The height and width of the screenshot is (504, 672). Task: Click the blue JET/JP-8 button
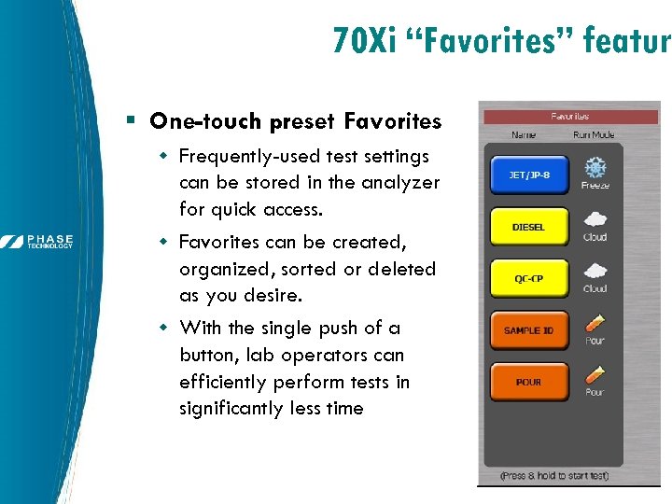[x=528, y=175]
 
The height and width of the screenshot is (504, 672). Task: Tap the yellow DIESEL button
[x=528, y=227]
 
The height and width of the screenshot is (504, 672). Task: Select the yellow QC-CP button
[x=528, y=278]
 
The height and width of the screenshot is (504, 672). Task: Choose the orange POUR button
[x=528, y=382]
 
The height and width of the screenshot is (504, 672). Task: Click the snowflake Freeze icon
[x=595, y=167]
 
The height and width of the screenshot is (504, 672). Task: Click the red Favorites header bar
[x=569, y=117]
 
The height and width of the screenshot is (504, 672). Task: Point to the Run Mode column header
[x=595, y=135]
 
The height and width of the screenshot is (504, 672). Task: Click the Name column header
[x=525, y=135]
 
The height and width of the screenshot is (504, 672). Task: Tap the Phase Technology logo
[x=37, y=242]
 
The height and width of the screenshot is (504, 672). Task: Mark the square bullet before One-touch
[x=132, y=121]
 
